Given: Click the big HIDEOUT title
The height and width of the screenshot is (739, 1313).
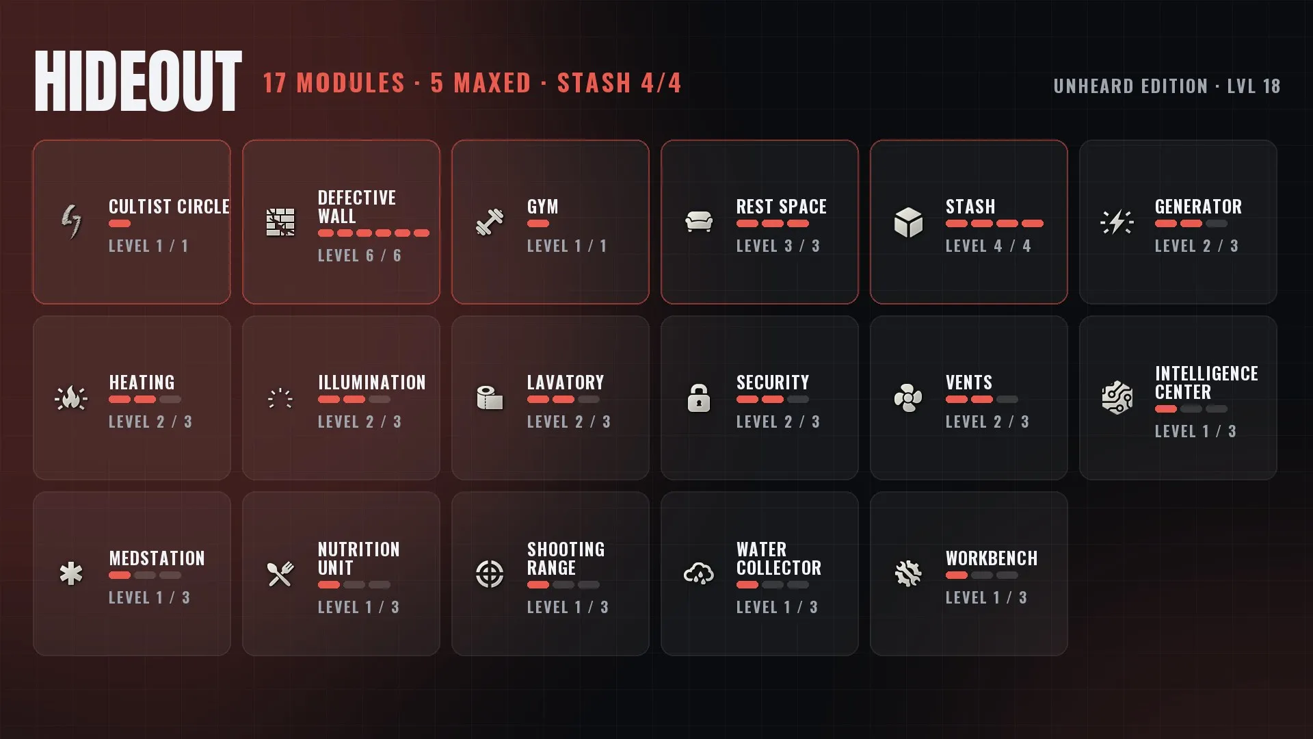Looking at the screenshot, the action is pos(138,81).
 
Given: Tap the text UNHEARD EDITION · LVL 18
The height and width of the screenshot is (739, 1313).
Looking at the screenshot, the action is pos(1167,86).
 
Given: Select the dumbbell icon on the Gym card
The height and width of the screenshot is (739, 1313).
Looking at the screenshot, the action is pos(490,222).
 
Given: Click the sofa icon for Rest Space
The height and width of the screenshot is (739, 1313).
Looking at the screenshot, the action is pos(699,222).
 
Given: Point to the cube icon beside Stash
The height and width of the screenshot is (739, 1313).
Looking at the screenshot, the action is pos(908,222).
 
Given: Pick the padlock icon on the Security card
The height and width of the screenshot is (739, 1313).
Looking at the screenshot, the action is pos(699,398).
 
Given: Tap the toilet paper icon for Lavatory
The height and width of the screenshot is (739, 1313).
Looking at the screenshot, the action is pos(490,398).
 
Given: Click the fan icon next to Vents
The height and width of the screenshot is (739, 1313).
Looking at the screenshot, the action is pos(908,398).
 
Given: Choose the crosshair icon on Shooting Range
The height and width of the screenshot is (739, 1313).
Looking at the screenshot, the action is pos(490,573).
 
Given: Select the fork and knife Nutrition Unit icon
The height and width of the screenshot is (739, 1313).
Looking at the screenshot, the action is pos(280,573).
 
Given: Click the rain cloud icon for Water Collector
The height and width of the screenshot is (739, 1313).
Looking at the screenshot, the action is pos(699,573).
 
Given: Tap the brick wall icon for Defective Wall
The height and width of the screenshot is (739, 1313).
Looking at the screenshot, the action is pos(280,222).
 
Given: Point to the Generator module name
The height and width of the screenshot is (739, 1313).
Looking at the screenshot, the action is pos(1198,207).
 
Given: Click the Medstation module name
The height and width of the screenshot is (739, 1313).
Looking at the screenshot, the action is pos(157,558).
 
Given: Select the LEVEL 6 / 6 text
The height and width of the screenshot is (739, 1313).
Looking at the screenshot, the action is pos(360,255).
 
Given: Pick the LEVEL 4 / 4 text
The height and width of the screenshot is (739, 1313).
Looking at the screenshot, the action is pos(988,246).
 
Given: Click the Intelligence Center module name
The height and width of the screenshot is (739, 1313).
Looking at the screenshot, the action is pos(1206,383).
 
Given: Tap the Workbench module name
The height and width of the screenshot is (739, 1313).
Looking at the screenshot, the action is pos(992,558).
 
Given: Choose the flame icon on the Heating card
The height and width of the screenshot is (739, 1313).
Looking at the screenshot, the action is pos(71,398).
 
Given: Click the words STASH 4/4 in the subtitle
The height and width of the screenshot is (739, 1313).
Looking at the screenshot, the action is pos(620,83).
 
